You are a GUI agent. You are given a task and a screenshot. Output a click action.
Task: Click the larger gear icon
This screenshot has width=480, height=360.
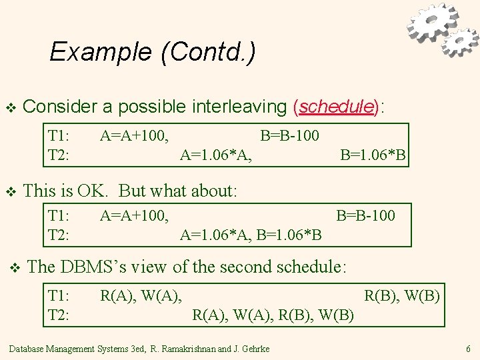click(x=433, y=23)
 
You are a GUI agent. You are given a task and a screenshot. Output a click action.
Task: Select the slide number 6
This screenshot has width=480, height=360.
click(x=468, y=349)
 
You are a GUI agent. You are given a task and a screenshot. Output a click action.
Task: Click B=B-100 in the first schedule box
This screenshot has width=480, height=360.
click(x=289, y=136)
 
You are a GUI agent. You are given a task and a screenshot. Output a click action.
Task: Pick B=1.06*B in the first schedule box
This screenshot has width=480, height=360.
click(x=373, y=156)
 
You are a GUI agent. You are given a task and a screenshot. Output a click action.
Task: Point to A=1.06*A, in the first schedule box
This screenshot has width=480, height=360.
click(x=216, y=156)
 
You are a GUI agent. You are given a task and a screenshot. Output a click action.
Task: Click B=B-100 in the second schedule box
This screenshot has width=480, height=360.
click(x=365, y=215)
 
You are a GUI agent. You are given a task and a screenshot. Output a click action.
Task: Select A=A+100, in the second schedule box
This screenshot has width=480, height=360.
click(x=134, y=215)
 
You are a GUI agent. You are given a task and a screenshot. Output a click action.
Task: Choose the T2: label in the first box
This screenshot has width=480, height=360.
click(x=59, y=156)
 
